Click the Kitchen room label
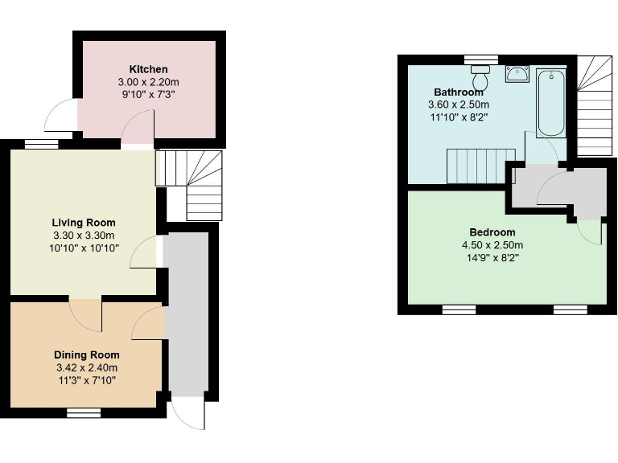coord(148,69)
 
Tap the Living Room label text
coord(84,223)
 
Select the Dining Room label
coord(87,354)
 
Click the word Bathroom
coord(459,92)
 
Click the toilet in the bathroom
coord(481,80)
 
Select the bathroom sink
coord(516,75)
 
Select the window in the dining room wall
coord(83,412)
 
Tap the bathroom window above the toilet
coord(481,58)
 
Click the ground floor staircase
coord(190,185)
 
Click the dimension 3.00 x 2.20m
coord(148,82)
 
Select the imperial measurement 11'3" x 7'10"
coord(87,380)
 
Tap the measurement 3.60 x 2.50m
coord(459,104)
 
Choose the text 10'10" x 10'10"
coord(84,248)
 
